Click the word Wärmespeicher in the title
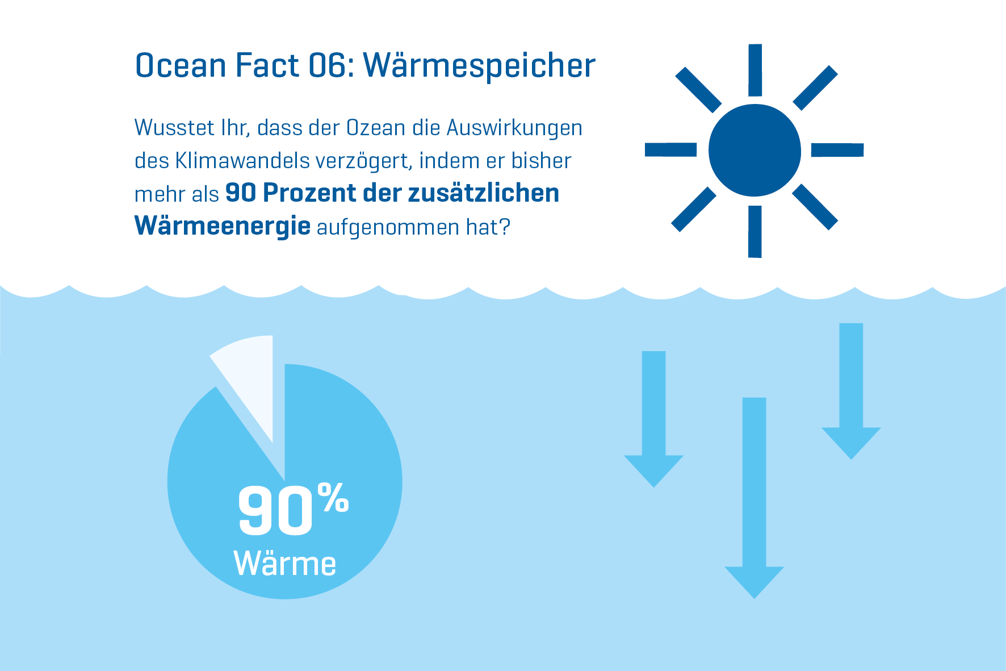pos(480,66)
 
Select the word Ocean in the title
pos(181,65)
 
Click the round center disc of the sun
pos(754,150)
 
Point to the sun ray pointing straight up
pos(755,70)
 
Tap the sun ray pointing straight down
pos(755,231)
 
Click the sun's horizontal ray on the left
pos(670,149)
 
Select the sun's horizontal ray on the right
pos(837,150)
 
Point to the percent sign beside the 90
pos(333,498)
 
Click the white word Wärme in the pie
pos(285,564)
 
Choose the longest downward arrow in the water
pos(754,498)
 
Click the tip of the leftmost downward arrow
pos(654,487)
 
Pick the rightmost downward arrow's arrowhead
pos(851,443)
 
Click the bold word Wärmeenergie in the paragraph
pos(223,226)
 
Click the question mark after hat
pos(505,227)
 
